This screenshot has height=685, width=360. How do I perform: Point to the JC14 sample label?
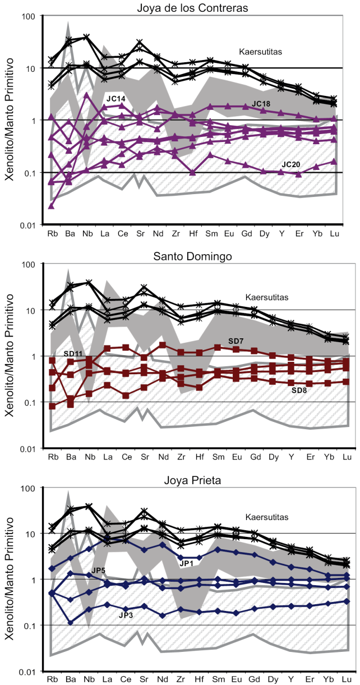point(116,98)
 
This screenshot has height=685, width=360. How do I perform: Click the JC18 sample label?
point(263,103)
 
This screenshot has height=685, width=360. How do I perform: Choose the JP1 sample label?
point(187,563)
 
